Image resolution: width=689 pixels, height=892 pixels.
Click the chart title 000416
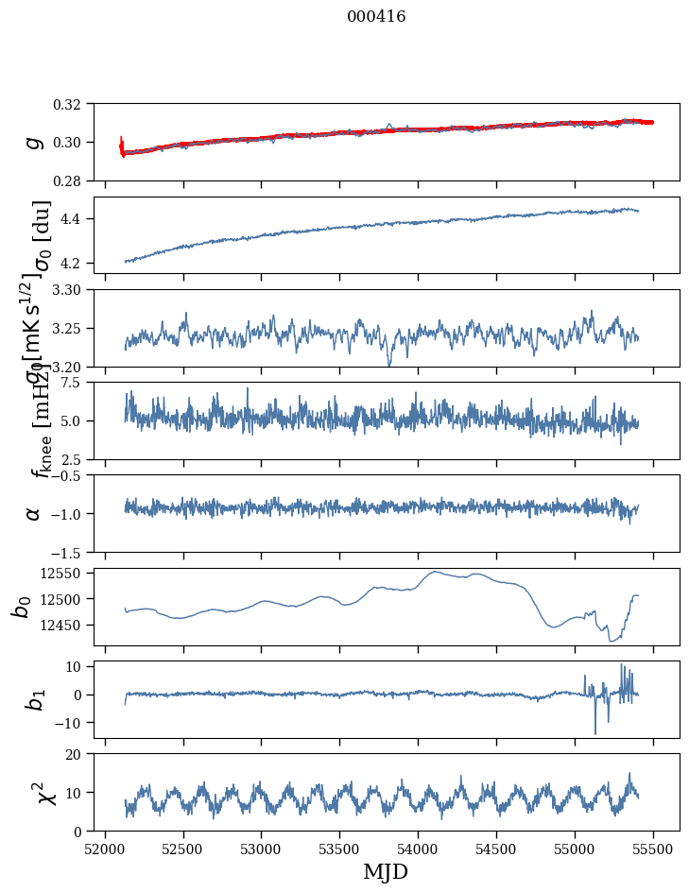376,17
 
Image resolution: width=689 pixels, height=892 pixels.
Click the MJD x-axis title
386,871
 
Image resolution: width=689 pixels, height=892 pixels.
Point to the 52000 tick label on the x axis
105,848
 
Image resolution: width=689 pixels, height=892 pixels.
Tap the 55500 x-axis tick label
652,848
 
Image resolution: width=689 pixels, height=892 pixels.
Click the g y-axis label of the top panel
34,142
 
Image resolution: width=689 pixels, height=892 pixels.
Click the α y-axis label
34,513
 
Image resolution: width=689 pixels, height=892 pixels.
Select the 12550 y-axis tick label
66,573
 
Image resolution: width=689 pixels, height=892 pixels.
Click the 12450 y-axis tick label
66,625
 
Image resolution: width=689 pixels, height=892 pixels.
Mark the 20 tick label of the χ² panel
78,754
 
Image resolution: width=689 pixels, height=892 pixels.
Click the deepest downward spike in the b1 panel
595,733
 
